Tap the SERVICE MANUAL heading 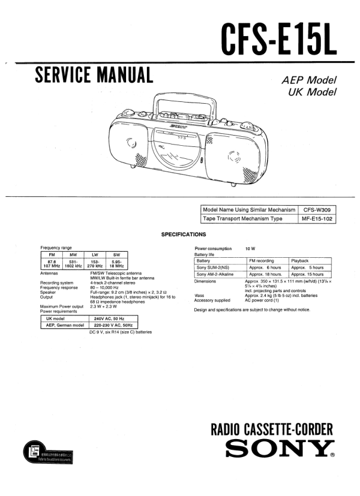click(94, 75)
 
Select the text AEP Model click(308, 81)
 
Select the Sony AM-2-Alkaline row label click(215, 274)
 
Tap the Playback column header click(300, 261)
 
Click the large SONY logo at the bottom click(276, 450)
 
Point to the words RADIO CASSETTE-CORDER click(272, 429)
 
